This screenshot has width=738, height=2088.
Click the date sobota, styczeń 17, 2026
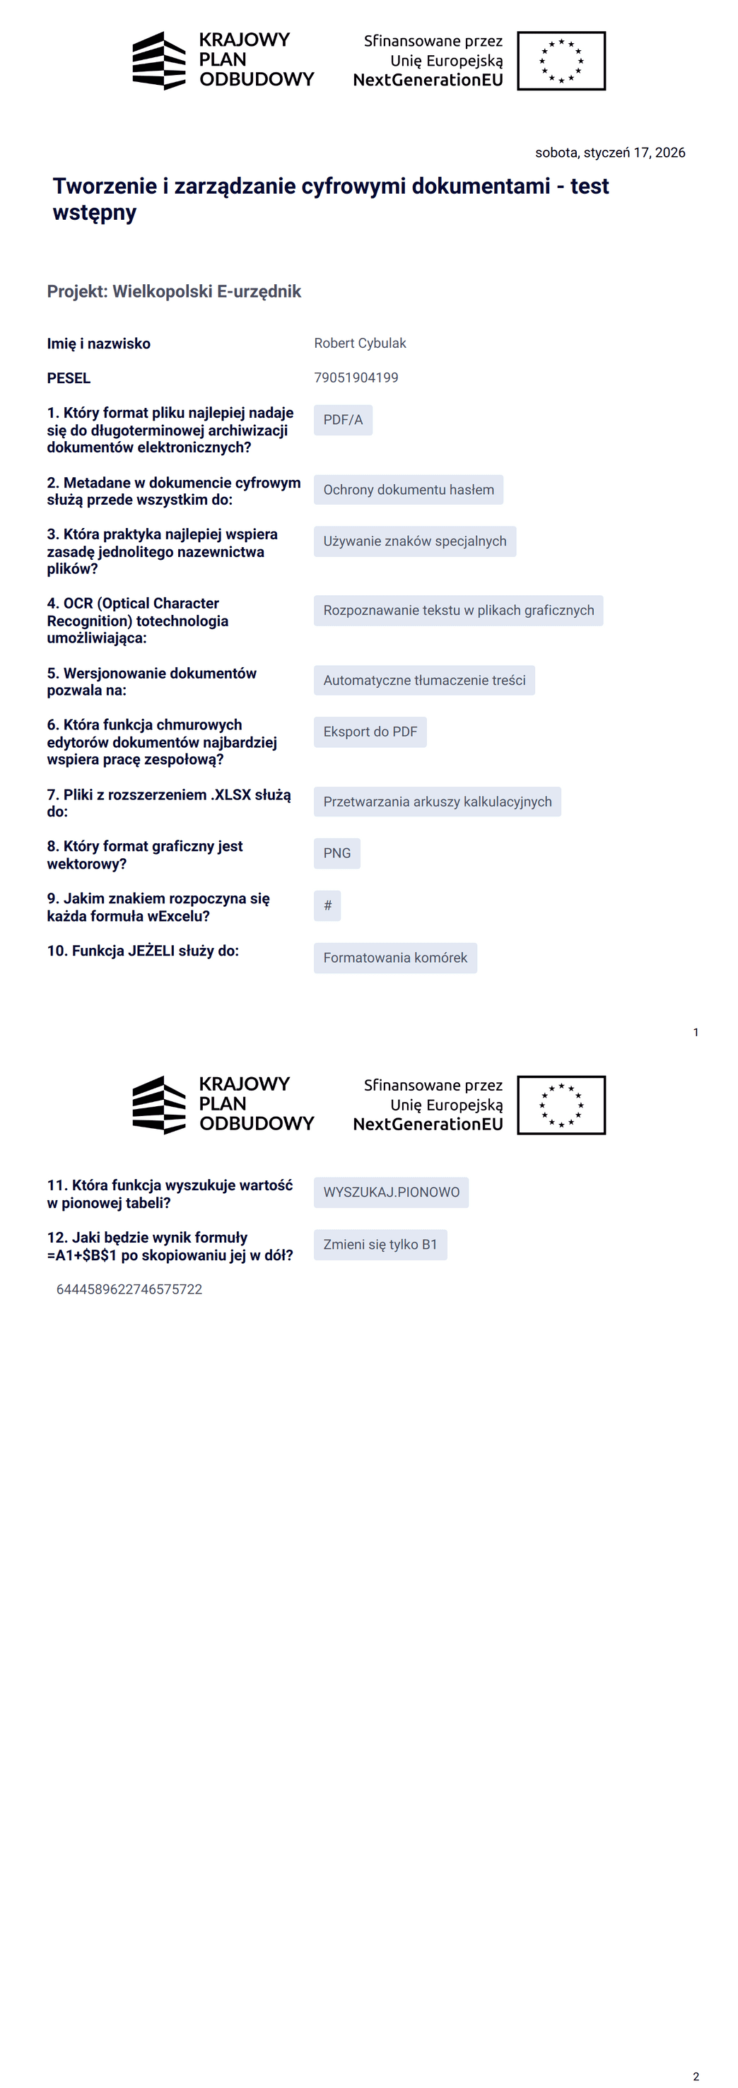coord(610,153)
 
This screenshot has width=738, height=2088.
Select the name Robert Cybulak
coord(360,343)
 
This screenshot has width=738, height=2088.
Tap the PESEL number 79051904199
coord(356,377)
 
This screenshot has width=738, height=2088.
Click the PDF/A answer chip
coord(343,420)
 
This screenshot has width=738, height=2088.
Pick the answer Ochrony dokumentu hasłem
coord(408,490)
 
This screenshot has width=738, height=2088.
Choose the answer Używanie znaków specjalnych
coord(414,541)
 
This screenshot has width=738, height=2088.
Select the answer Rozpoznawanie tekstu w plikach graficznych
coord(458,610)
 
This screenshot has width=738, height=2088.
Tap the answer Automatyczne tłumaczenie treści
coord(424,680)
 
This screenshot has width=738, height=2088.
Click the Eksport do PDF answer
coord(370,732)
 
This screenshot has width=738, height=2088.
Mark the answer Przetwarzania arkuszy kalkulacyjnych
coord(437,802)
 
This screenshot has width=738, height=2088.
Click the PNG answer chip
coord(336,854)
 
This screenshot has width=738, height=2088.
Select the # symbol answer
coord(327,905)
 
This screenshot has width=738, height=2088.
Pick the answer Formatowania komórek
coord(395,958)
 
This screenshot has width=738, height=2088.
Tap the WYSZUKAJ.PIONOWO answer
coord(391,1192)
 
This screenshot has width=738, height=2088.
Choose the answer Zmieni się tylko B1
coord(380,1244)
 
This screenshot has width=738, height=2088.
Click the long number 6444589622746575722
coord(129,1289)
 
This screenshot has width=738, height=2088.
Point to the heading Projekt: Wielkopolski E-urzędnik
coord(174,292)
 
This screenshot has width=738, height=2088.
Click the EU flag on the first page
coord(561,61)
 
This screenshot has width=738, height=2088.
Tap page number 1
coord(696,1032)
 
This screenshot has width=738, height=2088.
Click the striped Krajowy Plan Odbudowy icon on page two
coord(159,1105)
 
